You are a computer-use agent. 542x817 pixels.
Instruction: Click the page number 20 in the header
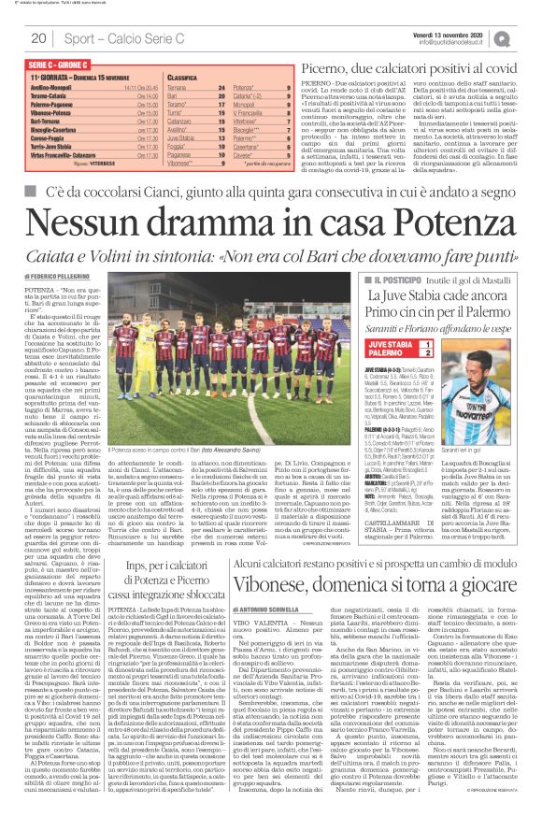pyautogui.click(x=39, y=38)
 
